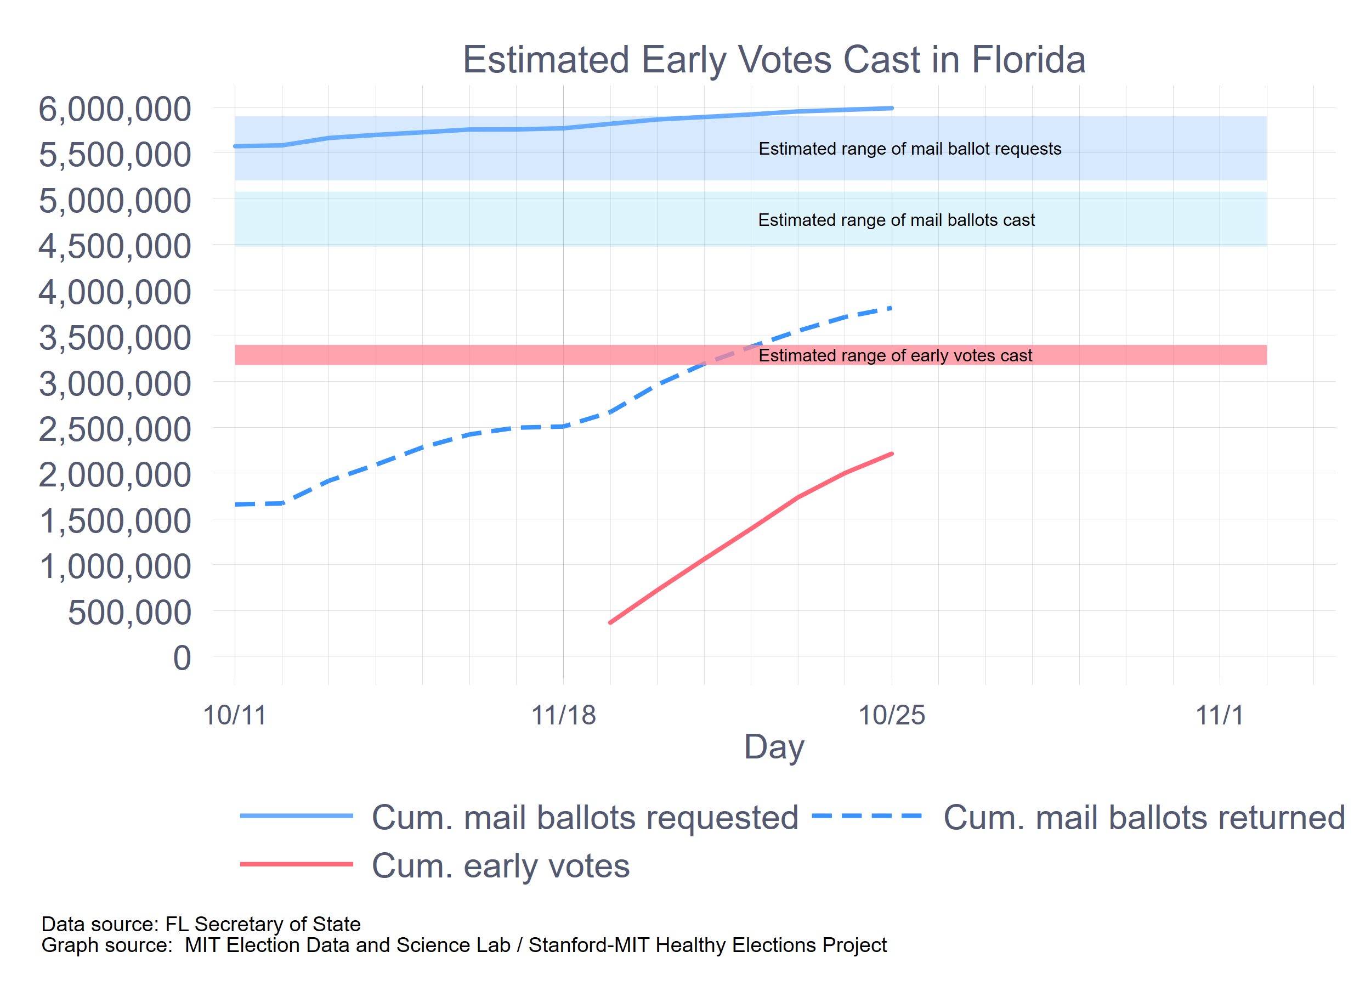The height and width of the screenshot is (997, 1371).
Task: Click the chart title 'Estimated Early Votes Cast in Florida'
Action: coord(774,60)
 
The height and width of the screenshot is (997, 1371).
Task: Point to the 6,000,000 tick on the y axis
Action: coord(115,110)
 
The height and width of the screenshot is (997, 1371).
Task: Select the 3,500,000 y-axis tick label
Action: coord(115,338)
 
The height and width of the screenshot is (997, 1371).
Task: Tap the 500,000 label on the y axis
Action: coord(129,613)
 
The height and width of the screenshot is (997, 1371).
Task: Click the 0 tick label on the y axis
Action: coord(182,659)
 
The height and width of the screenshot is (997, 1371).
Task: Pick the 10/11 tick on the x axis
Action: coord(235,715)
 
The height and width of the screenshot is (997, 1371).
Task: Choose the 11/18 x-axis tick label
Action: coord(563,715)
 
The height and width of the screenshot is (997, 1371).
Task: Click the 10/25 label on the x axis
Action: coord(892,715)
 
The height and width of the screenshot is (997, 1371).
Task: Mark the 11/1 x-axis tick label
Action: coord(1220,715)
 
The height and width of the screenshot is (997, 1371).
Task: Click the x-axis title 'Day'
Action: coord(774,747)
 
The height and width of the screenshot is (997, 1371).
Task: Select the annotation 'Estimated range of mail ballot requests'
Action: coord(910,149)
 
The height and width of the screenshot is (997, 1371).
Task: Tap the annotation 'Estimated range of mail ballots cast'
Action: coord(897,220)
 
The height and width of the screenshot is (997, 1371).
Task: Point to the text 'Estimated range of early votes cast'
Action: coord(895,355)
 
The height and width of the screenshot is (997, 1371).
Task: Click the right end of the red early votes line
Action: coord(892,454)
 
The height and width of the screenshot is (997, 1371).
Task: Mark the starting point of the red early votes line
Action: coord(610,622)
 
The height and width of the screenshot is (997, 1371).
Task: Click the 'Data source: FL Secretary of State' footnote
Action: coord(201,924)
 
